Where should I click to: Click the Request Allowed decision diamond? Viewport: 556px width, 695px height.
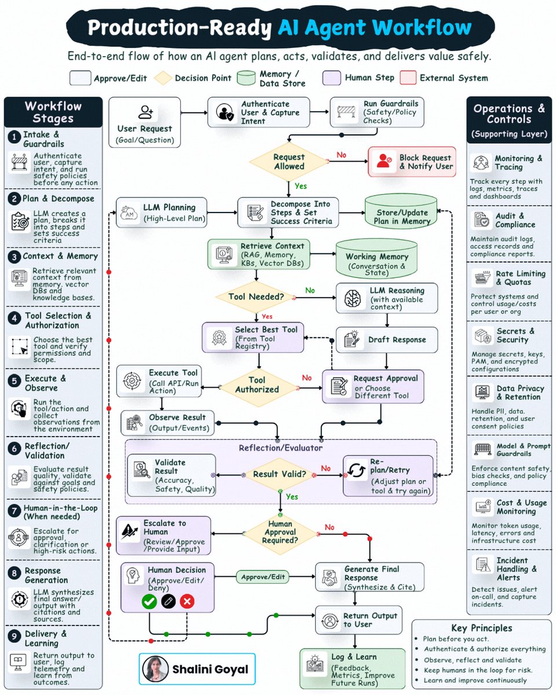[289, 162]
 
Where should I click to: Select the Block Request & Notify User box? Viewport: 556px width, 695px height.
[412, 162]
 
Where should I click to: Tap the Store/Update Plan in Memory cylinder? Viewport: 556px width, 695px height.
[401, 212]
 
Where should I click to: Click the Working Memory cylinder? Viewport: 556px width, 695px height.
[376, 258]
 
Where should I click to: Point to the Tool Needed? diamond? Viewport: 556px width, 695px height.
[256, 297]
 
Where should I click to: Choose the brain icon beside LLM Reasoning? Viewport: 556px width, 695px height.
[352, 298]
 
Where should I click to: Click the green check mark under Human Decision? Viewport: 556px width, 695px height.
[149, 601]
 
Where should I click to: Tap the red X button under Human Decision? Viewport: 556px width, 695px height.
[187, 601]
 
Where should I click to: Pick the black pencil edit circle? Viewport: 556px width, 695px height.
[169, 601]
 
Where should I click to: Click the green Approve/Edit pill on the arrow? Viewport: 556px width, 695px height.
[263, 577]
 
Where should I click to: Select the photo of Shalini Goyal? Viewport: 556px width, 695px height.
[155, 669]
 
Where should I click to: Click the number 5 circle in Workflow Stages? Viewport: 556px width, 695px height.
[14, 381]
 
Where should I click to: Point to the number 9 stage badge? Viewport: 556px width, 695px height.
[14, 637]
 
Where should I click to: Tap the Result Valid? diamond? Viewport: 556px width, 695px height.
[280, 474]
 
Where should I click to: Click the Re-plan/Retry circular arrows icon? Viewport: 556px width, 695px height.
[356, 470]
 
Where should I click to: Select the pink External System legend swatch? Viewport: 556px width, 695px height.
[408, 78]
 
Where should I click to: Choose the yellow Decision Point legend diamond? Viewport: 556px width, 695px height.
[163, 78]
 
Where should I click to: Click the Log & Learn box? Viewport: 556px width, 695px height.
[353, 668]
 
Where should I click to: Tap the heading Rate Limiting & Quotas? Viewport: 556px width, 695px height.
[521, 278]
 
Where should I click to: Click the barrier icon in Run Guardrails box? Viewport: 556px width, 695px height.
[346, 112]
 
